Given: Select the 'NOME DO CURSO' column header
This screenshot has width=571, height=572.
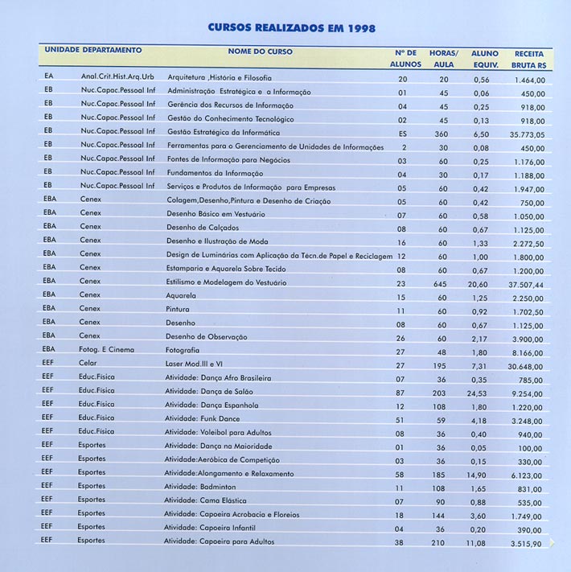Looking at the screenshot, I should click(x=260, y=51).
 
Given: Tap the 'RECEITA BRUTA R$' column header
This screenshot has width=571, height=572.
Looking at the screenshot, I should click(x=528, y=58).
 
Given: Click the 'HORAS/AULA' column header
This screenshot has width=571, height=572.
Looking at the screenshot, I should click(x=443, y=58).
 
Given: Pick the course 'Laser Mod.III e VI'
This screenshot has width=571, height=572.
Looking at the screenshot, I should click(x=194, y=364).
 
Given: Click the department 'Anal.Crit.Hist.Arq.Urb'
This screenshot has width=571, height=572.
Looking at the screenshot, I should click(x=117, y=77).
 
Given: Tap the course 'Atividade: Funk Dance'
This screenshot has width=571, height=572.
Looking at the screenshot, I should click(x=203, y=418).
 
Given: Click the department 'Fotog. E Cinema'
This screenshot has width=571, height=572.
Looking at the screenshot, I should click(x=107, y=349).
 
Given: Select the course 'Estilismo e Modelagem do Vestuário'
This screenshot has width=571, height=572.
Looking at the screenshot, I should click(x=226, y=282).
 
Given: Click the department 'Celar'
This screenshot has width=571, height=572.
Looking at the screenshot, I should click(x=88, y=364).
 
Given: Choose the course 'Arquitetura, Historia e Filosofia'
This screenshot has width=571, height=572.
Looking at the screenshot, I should click(x=220, y=78).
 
